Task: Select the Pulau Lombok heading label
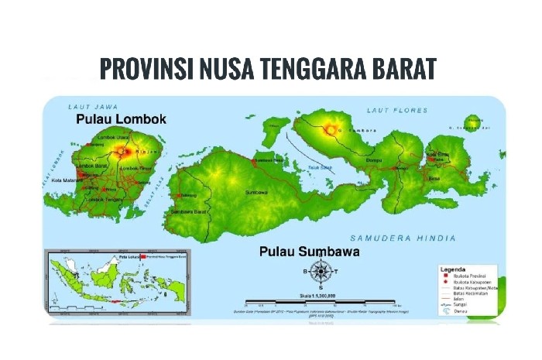[121, 120]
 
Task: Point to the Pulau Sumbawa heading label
[310, 252]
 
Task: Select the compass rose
[320, 271]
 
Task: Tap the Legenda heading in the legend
[454, 269]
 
